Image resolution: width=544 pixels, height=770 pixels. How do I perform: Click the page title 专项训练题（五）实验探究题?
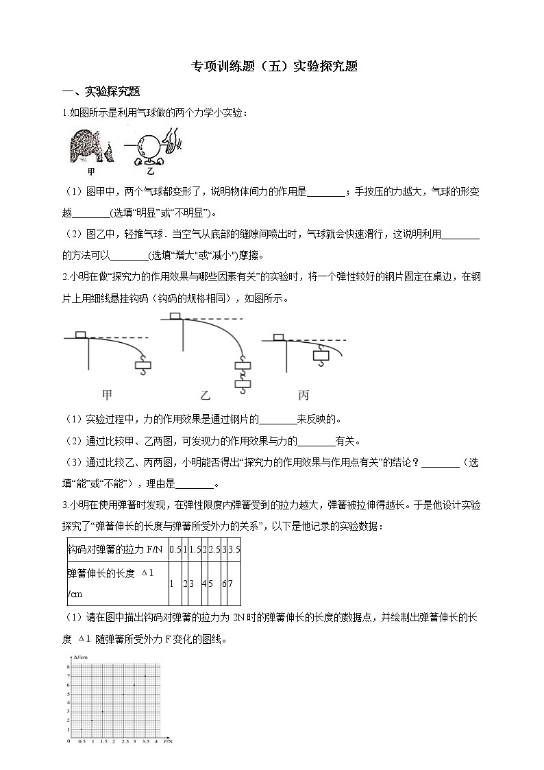(272, 67)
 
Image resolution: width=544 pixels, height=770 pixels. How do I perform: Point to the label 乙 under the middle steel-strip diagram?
(204, 394)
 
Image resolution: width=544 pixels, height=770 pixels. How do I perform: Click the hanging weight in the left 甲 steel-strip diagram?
(143, 366)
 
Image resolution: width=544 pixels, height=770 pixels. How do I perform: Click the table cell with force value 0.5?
(175, 550)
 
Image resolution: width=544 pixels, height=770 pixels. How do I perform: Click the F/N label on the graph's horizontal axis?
(168, 742)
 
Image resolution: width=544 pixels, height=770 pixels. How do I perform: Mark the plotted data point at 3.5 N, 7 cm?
(145, 676)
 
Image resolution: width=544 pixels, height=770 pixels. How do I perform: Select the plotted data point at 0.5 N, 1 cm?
(81, 729)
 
